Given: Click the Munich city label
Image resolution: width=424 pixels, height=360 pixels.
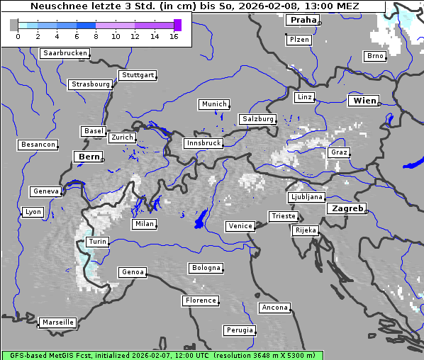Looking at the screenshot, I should pos(213,104).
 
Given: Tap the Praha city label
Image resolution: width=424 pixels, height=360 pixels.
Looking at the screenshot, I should pos(301,21).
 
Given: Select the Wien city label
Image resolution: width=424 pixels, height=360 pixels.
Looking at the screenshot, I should pos(364,101).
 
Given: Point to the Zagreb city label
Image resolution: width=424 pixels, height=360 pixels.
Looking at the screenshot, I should pos(346,209).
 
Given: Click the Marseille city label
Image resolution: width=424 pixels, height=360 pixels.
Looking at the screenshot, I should pos(57,322).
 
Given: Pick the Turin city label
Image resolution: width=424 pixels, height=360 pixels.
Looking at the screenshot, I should pos(97,242).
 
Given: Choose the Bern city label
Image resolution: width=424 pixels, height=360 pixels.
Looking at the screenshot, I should pos(89,157).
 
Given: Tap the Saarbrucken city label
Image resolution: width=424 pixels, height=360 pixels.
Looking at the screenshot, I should pos(65,53).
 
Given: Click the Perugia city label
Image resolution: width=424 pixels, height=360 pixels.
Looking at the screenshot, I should pos(240,330).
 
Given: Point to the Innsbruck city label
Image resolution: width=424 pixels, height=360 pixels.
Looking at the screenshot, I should pos(203,143).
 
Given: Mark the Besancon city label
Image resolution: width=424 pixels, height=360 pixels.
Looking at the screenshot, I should pos(38,145).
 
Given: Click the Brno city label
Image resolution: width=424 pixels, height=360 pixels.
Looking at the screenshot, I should pos(375,56).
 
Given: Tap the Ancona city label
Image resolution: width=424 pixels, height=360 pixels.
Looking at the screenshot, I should pos(274,308).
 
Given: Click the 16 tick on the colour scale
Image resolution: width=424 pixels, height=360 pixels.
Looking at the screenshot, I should pos(174,35).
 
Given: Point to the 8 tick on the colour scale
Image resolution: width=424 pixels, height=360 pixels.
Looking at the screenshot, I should pos(96,35).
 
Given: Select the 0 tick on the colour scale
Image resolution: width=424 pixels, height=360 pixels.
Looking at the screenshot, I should pos(18,35).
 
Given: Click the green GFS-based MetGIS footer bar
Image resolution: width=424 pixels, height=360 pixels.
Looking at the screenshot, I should pos(162,355).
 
